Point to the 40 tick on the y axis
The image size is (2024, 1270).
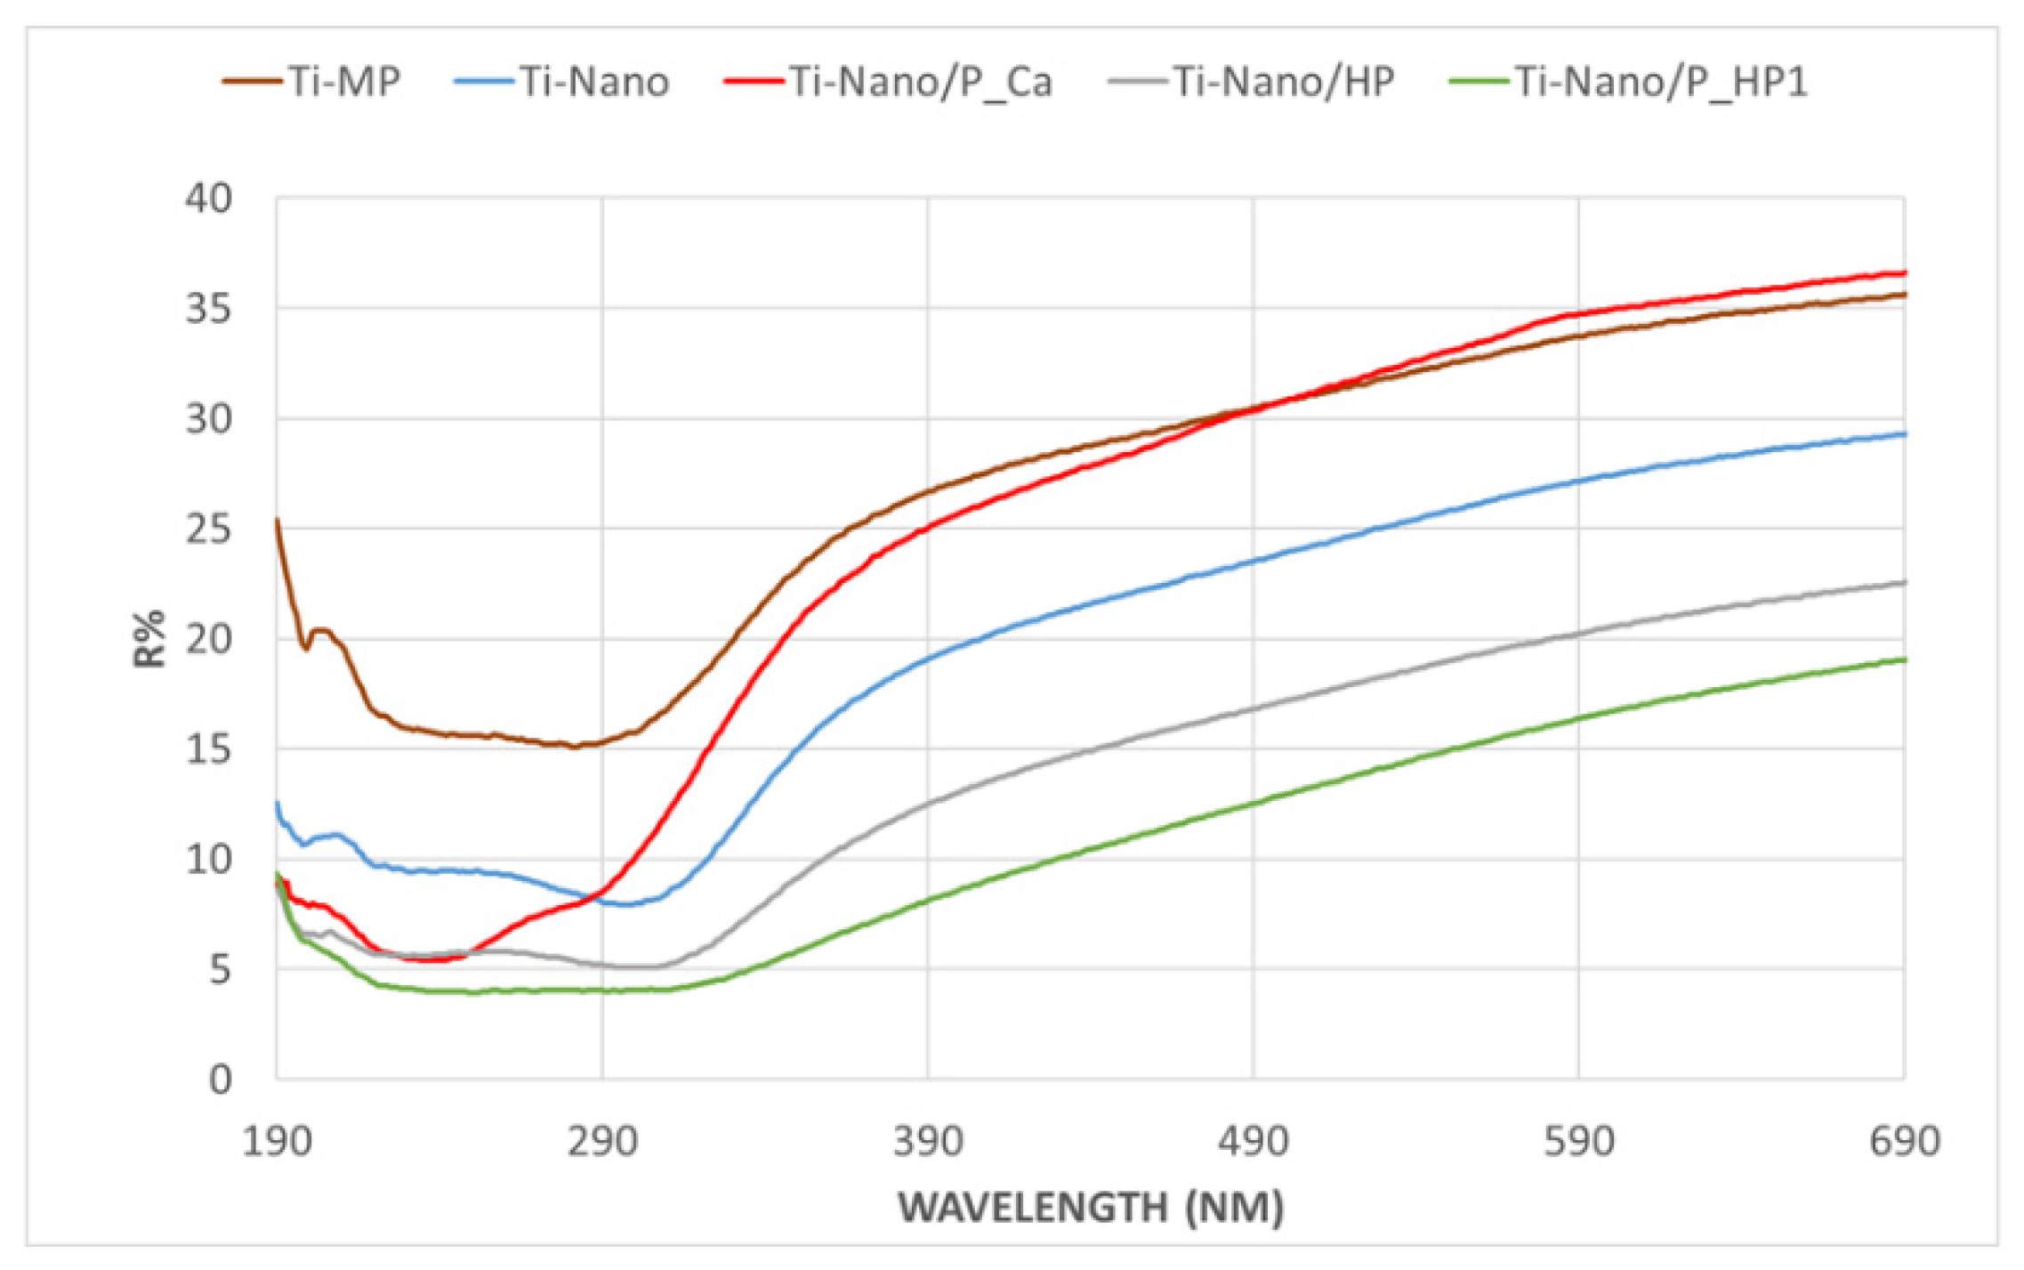point(208,198)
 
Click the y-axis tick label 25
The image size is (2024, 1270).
point(208,530)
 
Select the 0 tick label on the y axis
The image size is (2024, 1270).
point(220,1080)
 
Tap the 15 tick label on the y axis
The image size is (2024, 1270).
point(208,749)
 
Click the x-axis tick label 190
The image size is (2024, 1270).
point(277,1141)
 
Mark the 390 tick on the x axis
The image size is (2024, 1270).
point(928,1141)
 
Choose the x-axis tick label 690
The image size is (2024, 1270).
point(1904,1141)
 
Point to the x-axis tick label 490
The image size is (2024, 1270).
point(1253,1141)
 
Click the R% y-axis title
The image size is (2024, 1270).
point(149,638)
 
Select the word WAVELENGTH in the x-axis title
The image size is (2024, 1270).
point(1032,1208)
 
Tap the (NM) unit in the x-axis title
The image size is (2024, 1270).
point(1235,1208)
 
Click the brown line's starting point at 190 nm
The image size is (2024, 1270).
point(278,520)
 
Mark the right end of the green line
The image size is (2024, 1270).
point(1904,659)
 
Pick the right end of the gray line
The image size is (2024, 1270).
point(1904,582)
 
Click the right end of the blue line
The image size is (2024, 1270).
point(1904,433)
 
